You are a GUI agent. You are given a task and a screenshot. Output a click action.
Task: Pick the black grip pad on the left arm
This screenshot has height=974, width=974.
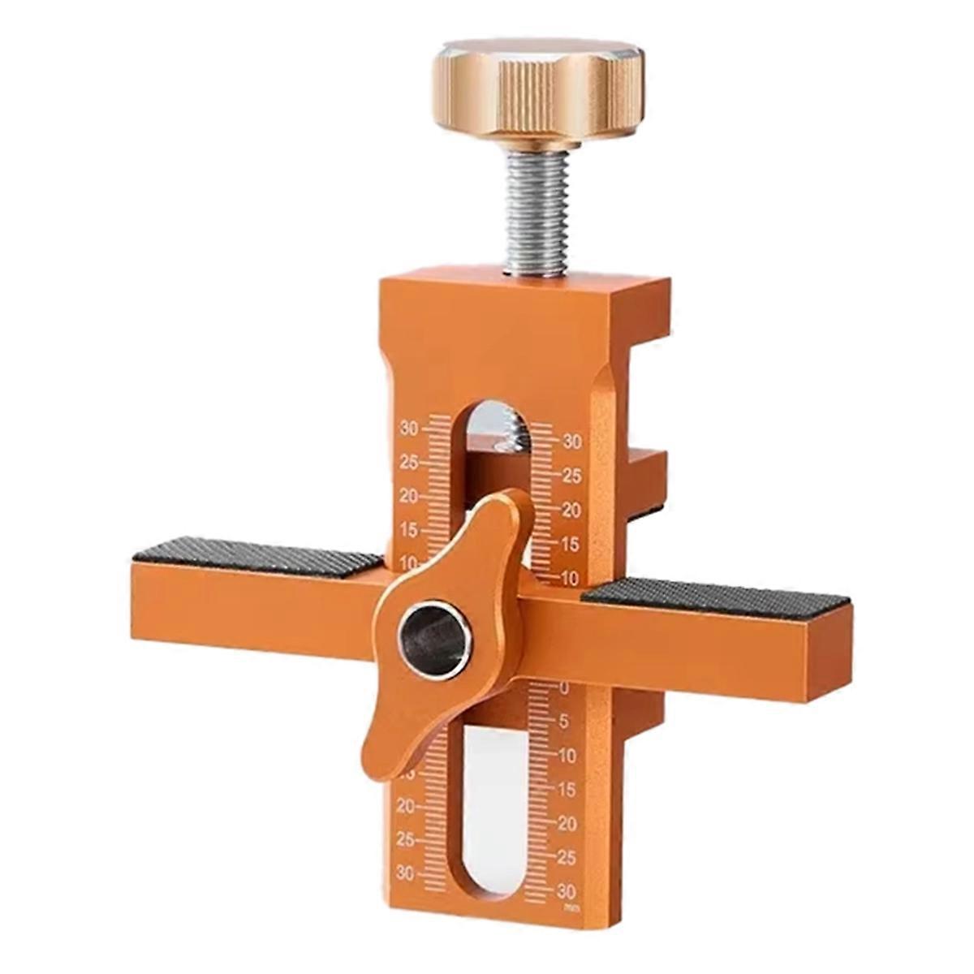coord(256,556)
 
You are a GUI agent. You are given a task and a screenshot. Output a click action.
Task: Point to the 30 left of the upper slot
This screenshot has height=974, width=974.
coord(411,428)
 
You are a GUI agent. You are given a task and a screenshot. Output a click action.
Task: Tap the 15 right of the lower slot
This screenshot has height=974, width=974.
coord(566,789)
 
